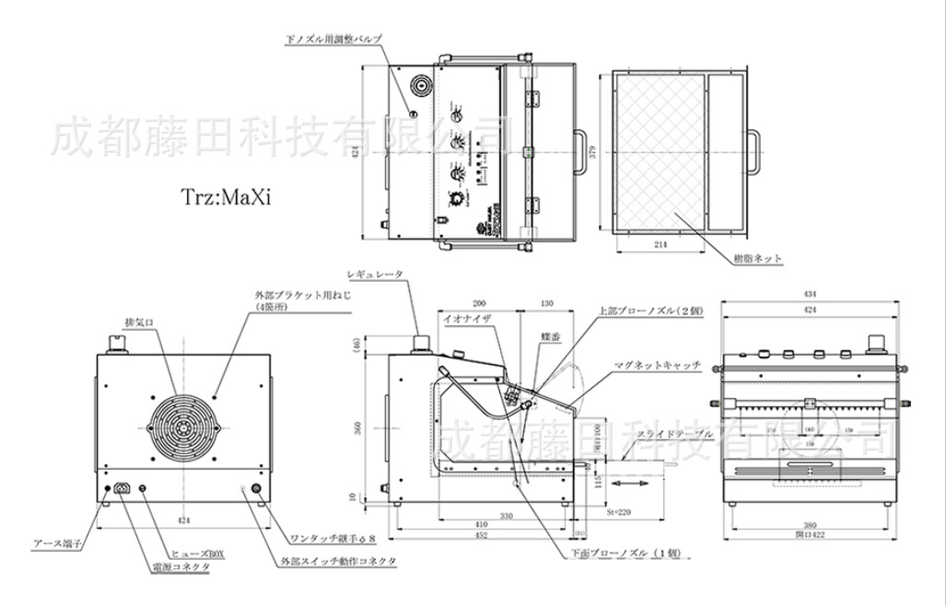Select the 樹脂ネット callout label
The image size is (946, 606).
[x=758, y=259]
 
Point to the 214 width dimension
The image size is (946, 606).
[x=660, y=243]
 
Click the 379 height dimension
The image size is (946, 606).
[x=594, y=153]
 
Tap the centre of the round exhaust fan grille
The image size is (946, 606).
[x=181, y=429]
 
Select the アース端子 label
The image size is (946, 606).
[x=57, y=543]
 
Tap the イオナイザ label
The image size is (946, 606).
[x=468, y=317]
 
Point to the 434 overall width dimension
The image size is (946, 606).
[x=808, y=294]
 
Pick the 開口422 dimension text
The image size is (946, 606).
[x=808, y=534]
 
